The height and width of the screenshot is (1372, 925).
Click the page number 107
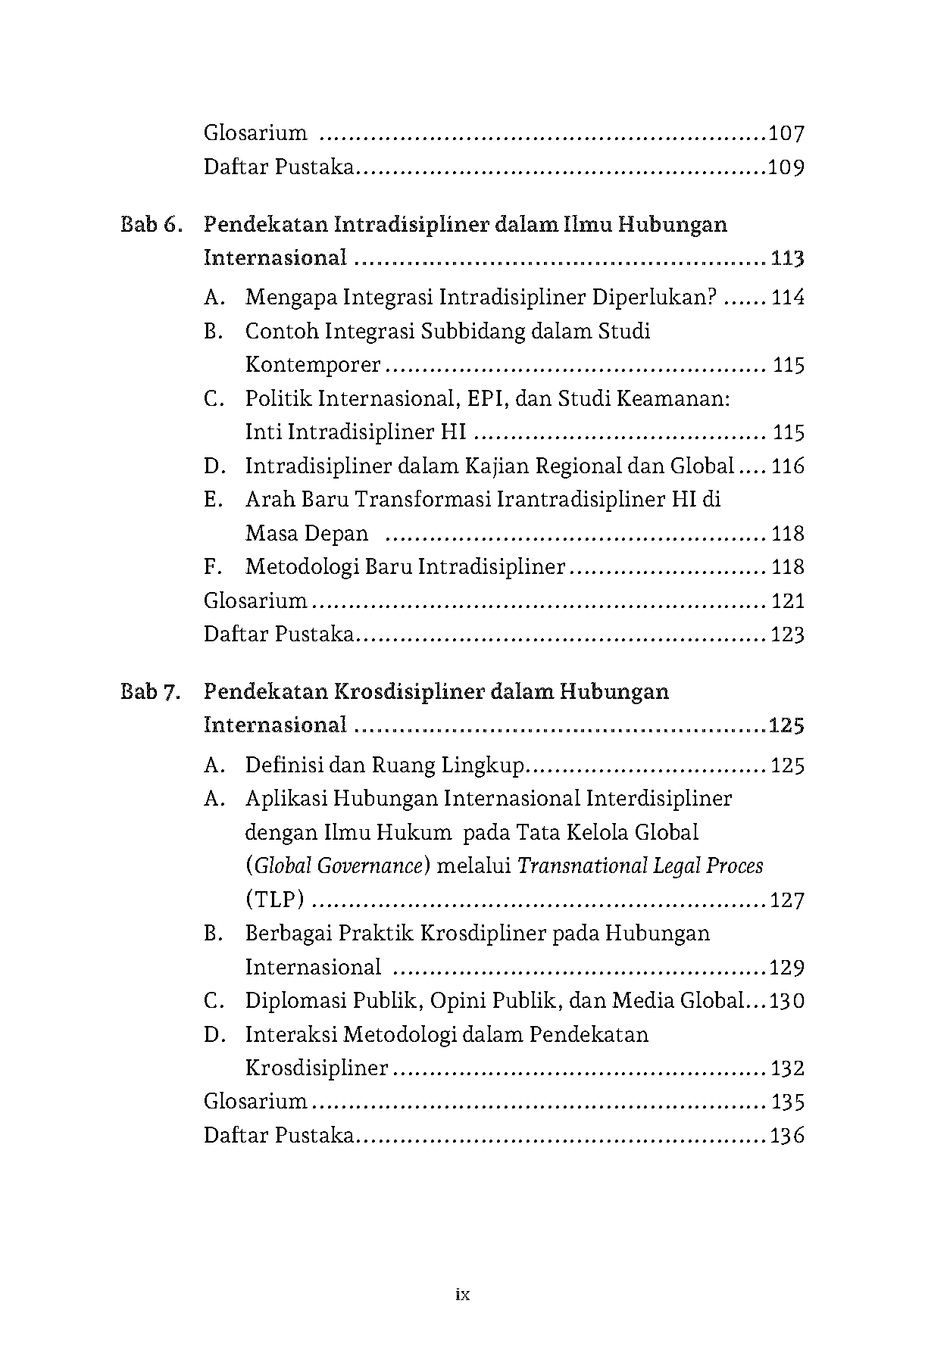pyautogui.click(x=786, y=134)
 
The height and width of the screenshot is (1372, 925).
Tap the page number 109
pyautogui.click(x=786, y=167)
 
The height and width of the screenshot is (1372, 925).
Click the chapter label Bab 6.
pyautogui.click(x=150, y=225)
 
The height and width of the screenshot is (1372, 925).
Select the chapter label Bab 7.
pyautogui.click(x=150, y=692)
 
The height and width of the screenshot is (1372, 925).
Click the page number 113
pyautogui.click(x=787, y=259)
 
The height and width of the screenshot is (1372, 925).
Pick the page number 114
pyautogui.click(x=787, y=298)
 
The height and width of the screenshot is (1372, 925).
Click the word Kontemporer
pyautogui.click(x=313, y=365)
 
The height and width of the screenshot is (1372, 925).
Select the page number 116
pyautogui.click(x=787, y=466)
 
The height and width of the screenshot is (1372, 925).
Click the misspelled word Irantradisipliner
pyautogui.click(x=580, y=500)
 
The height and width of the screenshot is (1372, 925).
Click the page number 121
pyautogui.click(x=787, y=601)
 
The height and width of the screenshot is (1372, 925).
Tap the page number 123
pyautogui.click(x=787, y=635)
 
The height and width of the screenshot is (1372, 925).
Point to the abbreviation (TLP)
pyautogui.click(x=275, y=900)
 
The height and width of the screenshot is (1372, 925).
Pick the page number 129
pyautogui.click(x=786, y=968)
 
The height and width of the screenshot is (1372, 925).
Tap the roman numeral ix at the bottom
pyautogui.click(x=463, y=1295)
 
